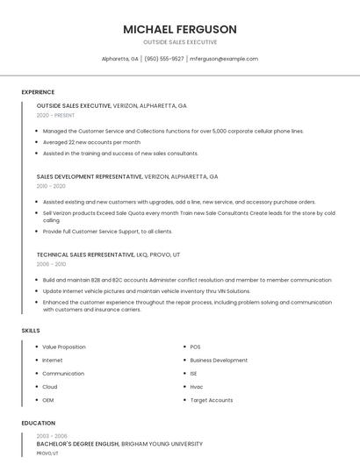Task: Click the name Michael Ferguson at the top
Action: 180,29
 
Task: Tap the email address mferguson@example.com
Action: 223,59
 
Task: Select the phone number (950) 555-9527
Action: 164,59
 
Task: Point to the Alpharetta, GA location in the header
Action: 120,59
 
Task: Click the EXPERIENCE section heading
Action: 38,92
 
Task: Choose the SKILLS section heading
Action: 31,330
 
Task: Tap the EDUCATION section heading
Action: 38,423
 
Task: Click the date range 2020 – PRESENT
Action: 55,115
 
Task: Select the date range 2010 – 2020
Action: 51,186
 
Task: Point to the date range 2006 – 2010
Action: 51,263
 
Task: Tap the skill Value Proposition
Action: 64,347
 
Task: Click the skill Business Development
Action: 219,360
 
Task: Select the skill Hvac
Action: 196,386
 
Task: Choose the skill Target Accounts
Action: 212,399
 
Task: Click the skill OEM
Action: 48,399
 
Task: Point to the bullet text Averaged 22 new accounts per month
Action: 91,141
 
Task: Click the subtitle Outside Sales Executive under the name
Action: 180,42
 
